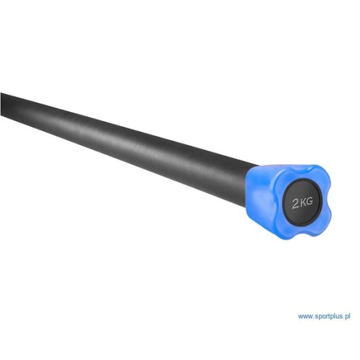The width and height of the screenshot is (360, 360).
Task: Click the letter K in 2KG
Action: click(x=304, y=202)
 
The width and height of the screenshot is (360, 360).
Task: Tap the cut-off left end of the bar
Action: click(x=2, y=105)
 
